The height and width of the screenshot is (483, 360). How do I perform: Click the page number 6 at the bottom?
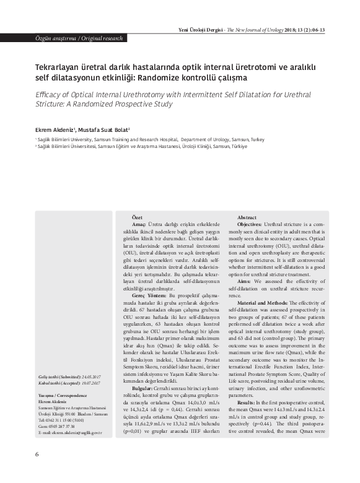(x=38, y=471)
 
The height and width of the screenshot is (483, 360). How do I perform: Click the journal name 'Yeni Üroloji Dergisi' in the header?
(x=200, y=29)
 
